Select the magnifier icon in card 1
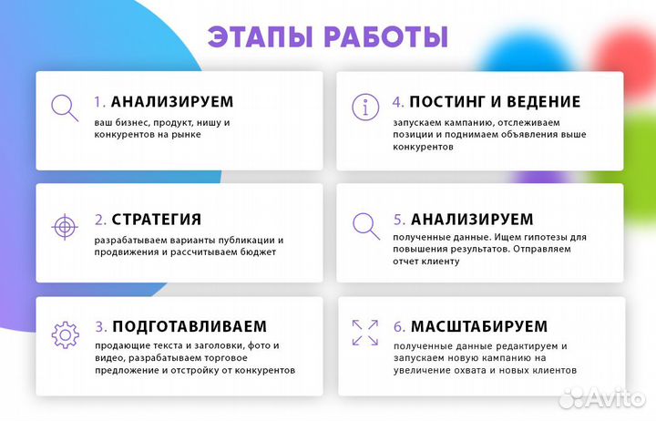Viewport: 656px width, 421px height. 64,108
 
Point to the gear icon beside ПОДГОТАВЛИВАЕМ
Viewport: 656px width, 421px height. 65,334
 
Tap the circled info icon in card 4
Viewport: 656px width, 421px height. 365,107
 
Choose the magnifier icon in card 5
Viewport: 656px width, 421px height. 365,224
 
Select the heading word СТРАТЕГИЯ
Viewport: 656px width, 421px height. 157,220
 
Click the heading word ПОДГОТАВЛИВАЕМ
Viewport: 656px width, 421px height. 190,326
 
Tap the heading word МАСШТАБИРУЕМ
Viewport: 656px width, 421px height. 478,326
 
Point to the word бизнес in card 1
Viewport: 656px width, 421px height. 134,121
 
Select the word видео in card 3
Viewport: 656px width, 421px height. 108,358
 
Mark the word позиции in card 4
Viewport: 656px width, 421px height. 413,135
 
